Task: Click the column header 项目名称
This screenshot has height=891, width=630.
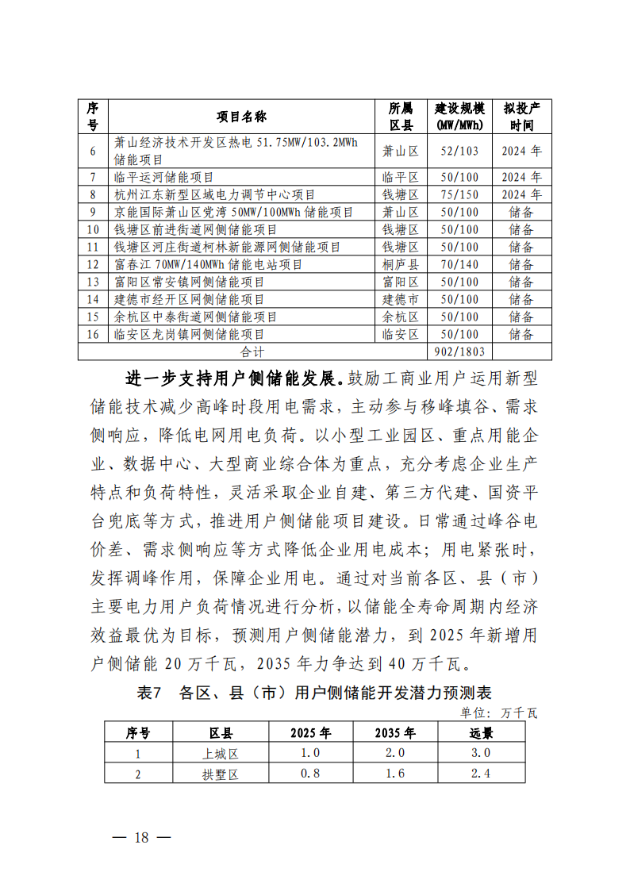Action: click(242, 117)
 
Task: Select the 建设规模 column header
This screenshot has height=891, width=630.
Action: click(459, 117)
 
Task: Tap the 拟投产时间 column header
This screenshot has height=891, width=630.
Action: click(521, 117)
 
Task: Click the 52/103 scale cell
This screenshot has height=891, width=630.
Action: click(459, 151)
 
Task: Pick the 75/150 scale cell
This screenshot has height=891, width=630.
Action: click(459, 194)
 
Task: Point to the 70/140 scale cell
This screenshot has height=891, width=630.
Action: click(459, 265)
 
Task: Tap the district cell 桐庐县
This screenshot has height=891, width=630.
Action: click(401, 265)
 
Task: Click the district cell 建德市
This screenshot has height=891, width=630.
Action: click(401, 300)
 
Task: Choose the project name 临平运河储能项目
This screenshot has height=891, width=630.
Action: click(164, 177)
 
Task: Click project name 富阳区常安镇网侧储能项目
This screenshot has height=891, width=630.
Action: click(189, 282)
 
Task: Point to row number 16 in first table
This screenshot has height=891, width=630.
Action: click(93, 335)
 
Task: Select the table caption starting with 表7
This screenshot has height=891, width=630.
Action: click(314, 693)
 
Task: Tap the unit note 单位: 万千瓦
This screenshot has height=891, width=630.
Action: click(499, 712)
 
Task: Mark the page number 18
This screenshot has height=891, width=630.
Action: click(142, 838)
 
